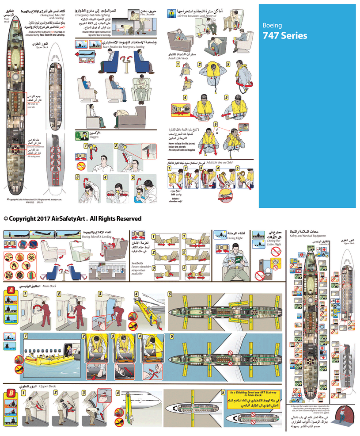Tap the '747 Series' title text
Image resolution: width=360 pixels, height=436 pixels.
click(284, 36)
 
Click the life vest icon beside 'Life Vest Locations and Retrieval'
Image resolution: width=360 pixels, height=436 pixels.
click(171, 12)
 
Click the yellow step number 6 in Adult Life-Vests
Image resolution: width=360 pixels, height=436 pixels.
click(216, 125)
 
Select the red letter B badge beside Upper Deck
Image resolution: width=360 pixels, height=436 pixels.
click(10, 394)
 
